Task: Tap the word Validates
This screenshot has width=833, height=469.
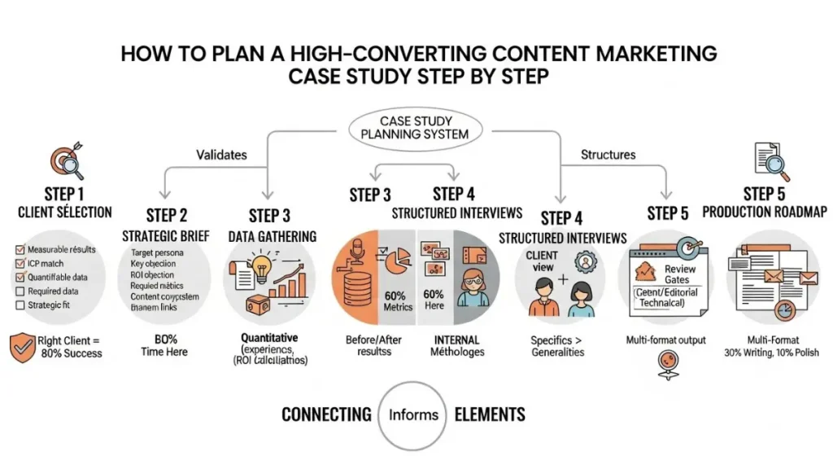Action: pos(220,153)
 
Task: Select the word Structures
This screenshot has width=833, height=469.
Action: pos(608,153)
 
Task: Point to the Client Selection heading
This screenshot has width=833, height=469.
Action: pos(65,213)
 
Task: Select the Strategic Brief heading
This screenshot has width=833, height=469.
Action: pos(167,235)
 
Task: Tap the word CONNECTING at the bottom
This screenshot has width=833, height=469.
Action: pos(326,414)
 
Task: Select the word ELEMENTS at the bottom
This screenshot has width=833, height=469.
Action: pos(489,414)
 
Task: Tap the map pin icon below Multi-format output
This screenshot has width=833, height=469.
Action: pos(665,364)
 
